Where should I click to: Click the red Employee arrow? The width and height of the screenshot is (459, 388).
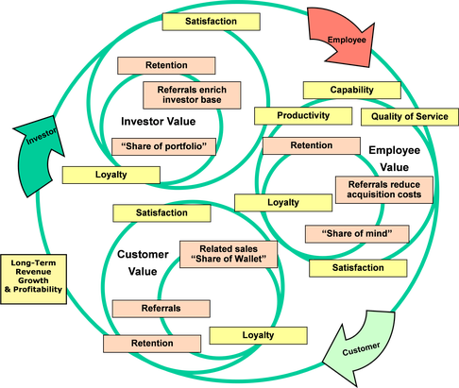[x=342, y=38]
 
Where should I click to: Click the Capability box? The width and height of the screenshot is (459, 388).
[x=352, y=90]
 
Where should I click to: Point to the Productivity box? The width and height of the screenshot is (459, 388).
[x=303, y=115]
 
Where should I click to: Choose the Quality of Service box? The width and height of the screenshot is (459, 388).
[x=410, y=117]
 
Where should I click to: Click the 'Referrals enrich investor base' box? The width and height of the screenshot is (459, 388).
[x=192, y=95]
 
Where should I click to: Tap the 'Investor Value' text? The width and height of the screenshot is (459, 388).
[x=159, y=122]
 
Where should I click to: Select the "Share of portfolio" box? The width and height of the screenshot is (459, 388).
[x=163, y=146]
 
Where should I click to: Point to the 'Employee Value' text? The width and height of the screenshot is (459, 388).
[x=395, y=159]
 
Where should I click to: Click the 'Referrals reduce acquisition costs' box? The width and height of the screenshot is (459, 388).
[x=384, y=190]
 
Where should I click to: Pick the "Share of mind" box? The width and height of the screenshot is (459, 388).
[x=357, y=234]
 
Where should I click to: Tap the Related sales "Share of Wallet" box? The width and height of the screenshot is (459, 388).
[x=229, y=254]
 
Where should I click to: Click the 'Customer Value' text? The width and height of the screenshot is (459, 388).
[x=143, y=262]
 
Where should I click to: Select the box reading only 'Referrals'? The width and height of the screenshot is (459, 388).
[x=161, y=309]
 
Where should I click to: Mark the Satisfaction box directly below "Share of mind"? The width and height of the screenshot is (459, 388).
[x=358, y=268]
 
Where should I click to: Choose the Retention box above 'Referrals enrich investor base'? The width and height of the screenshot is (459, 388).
[x=166, y=65]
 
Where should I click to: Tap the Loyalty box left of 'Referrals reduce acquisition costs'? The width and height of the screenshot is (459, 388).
[x=283, y=203]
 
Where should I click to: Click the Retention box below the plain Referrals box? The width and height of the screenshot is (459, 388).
[x=152, y=344]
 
